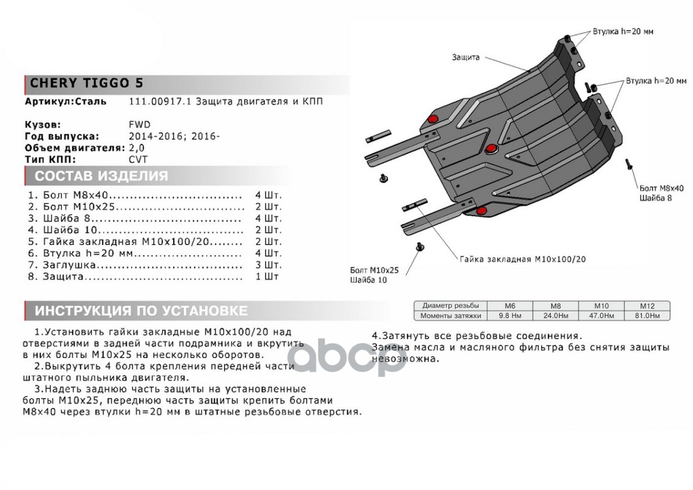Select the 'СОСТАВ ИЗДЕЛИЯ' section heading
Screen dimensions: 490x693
101,176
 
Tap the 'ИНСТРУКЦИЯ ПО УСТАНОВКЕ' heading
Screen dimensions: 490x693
141,311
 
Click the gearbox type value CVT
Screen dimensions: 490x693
138,159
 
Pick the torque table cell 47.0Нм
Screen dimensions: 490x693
601,316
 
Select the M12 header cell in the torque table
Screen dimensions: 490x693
646,306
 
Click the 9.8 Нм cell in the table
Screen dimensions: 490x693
509,316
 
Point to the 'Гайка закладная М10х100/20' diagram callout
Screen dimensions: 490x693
523,259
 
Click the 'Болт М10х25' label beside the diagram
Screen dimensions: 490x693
374,269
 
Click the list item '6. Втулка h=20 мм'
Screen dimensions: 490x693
81,254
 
